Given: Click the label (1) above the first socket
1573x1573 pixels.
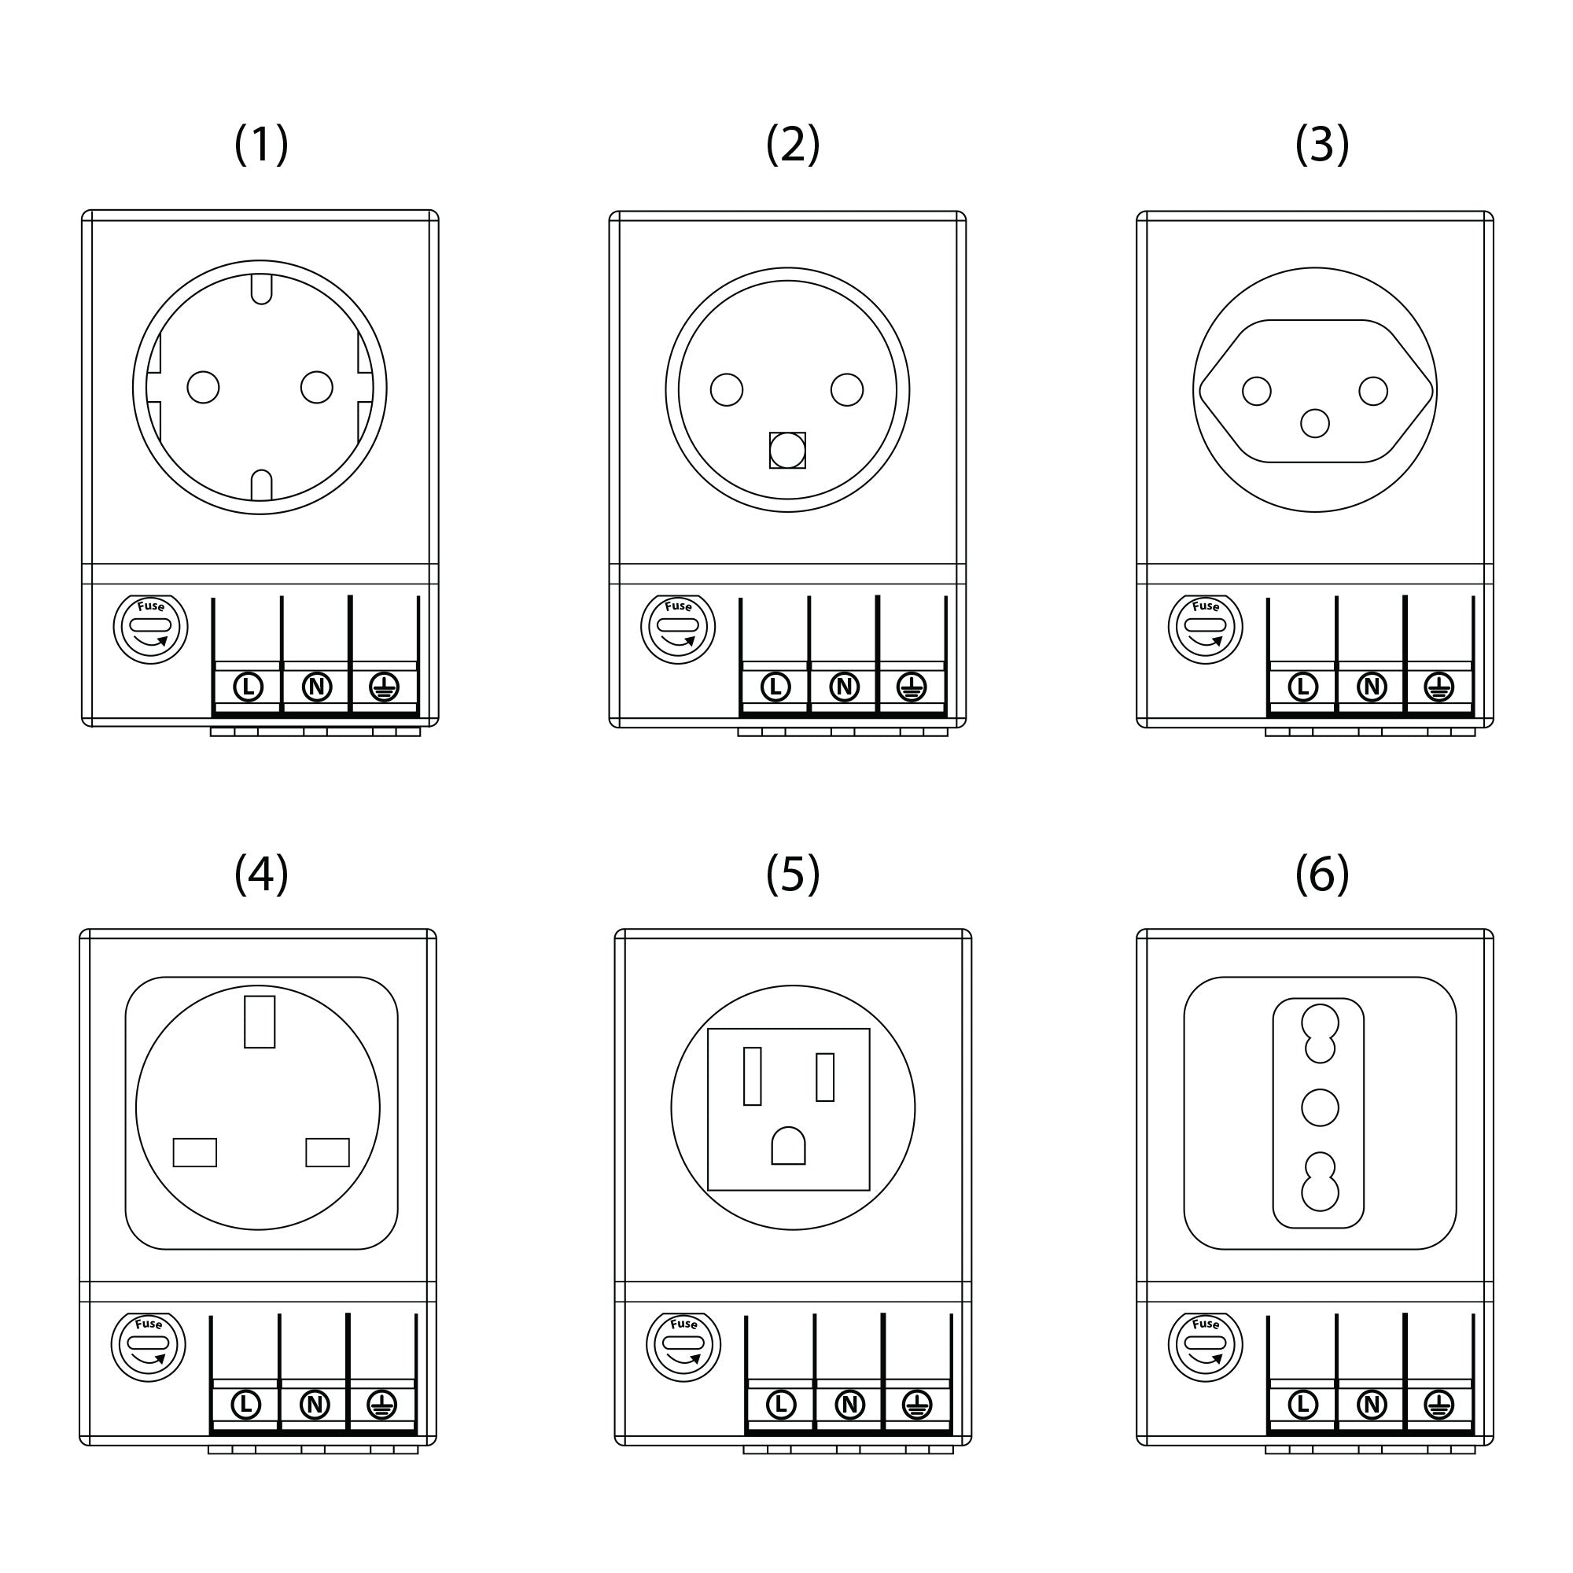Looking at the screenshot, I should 261,145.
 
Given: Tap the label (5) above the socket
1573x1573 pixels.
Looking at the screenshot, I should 792,875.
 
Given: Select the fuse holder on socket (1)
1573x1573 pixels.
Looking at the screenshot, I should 151,629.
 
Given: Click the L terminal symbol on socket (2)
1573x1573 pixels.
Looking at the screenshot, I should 775,687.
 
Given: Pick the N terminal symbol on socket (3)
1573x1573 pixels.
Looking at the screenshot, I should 1372,687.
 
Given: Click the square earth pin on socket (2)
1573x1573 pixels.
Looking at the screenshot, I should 787,450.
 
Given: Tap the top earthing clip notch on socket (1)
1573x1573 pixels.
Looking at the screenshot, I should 261,288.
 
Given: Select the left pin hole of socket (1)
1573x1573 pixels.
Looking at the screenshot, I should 203,388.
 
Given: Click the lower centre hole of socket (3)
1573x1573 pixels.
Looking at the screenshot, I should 1315,423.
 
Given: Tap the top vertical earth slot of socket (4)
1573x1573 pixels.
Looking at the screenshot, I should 260,1022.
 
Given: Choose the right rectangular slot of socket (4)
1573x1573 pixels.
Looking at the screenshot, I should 327,1152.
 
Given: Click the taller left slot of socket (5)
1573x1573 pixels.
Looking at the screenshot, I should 753,1077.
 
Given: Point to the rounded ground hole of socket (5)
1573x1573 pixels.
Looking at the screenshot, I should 788,1147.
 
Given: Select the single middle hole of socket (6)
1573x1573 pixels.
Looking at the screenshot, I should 1320,1107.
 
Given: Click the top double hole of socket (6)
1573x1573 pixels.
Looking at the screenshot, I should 1320,1033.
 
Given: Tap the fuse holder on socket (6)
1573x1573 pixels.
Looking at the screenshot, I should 1205,1346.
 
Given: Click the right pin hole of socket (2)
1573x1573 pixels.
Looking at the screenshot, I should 847,390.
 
